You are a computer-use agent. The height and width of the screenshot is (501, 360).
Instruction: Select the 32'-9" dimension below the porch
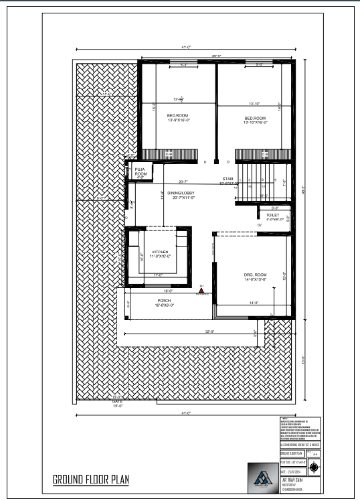(x=209, y=332)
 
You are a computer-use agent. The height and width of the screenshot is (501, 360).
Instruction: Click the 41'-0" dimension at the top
(x=185, y=48)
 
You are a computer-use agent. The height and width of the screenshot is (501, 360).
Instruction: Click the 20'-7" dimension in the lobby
(x=183, y=182)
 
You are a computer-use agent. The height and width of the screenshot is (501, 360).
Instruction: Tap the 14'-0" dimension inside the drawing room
(x=254, y=303)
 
